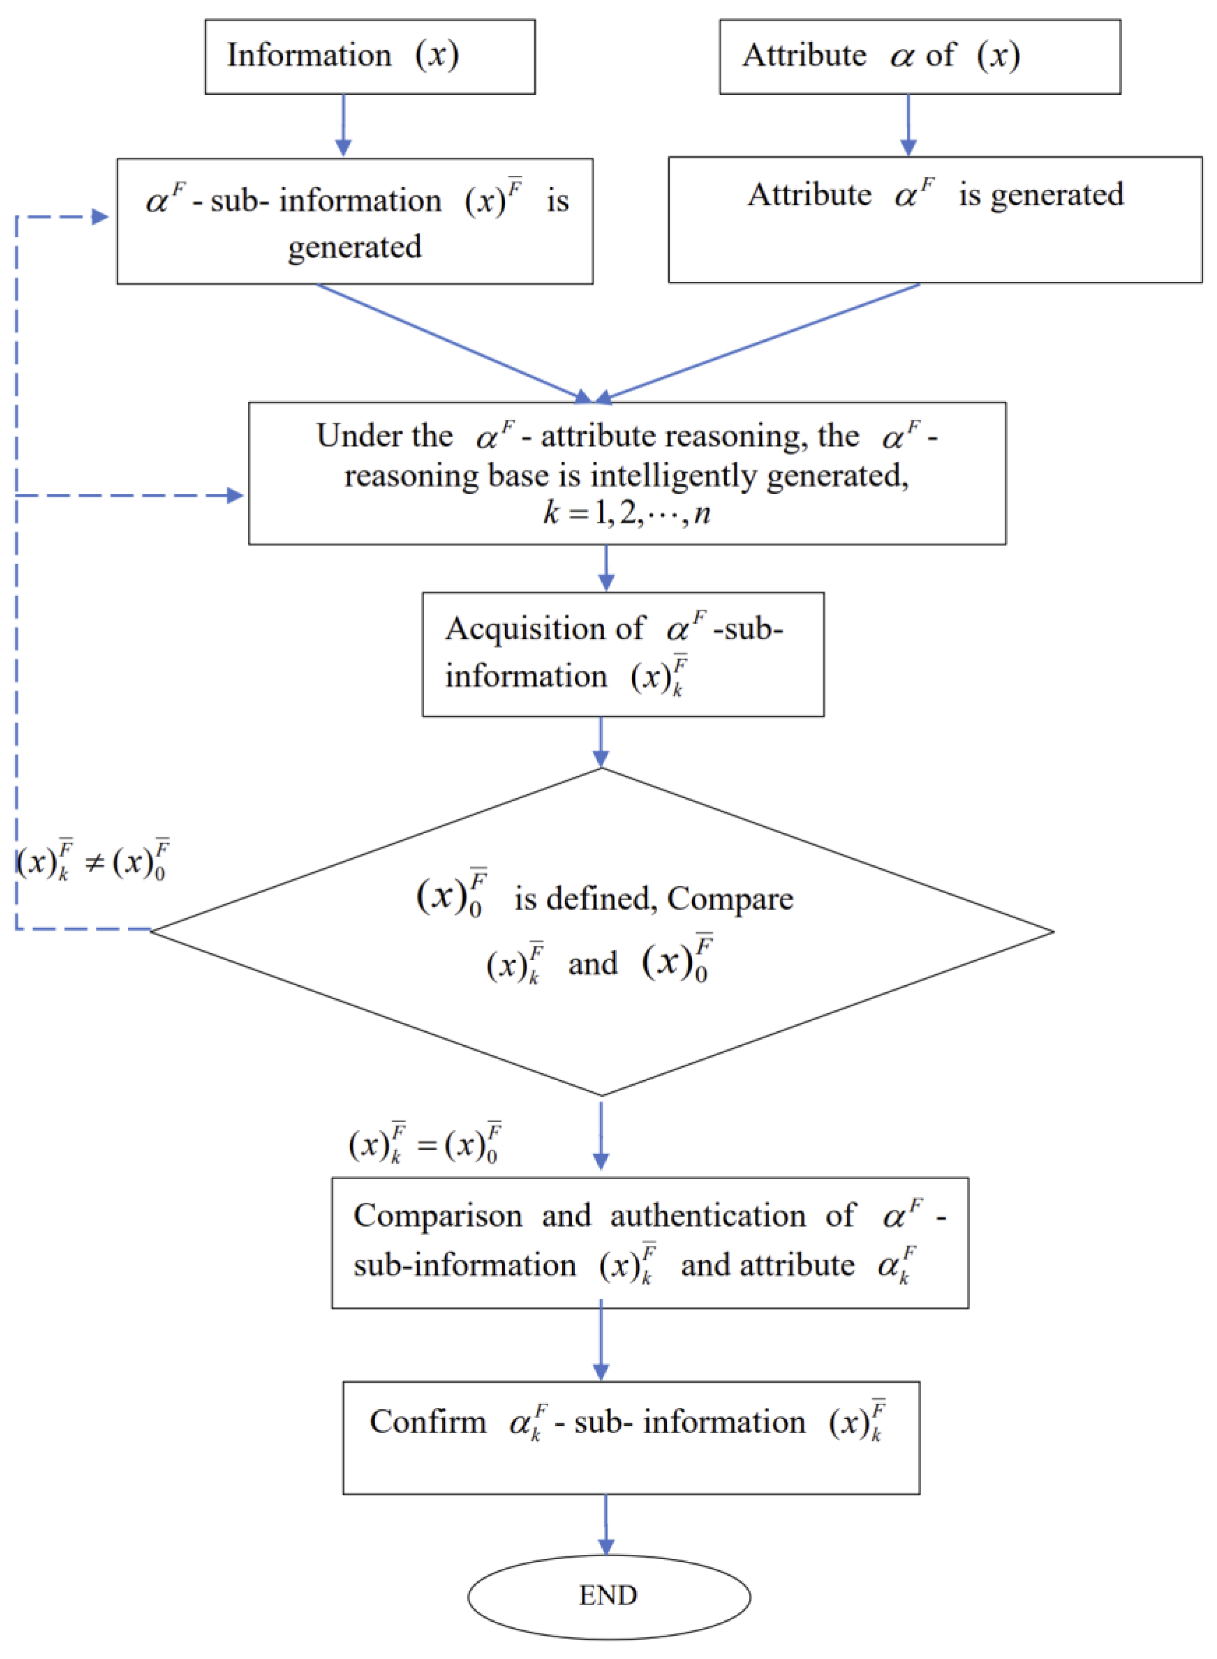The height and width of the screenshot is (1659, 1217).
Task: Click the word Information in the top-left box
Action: pos(309,55)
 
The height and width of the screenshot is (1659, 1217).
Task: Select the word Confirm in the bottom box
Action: pos(428,1420)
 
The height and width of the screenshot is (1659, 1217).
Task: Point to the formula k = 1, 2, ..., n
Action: pos(626,512)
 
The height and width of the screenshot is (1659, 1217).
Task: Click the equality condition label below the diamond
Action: pos(425,1143)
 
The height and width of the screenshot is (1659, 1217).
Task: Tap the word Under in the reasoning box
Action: pos(348,435)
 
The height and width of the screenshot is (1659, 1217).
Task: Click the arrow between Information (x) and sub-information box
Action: pos(343,125)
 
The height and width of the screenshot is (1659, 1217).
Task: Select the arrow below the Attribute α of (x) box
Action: pos(908,125)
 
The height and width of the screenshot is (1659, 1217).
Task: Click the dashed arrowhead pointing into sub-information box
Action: pos(100,217)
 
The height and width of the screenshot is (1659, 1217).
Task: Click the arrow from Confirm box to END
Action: pos(605,1524)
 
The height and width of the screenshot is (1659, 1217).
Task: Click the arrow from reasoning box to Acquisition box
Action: pos(605,568)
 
